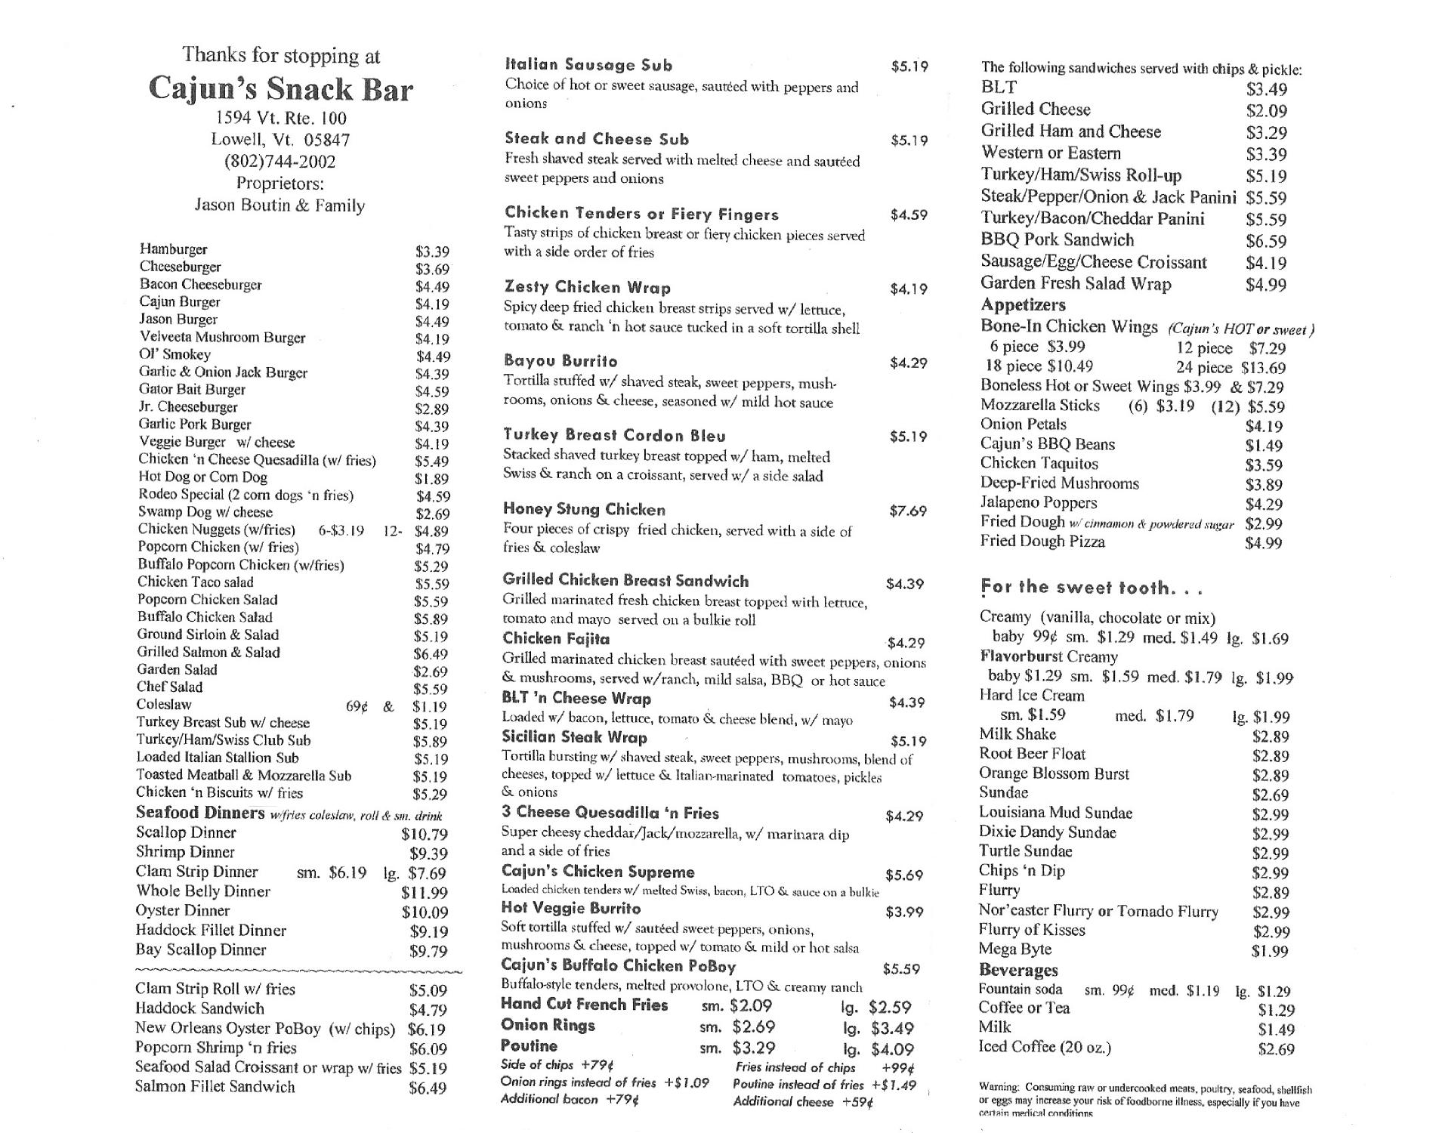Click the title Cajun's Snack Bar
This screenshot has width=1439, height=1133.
(280, 89)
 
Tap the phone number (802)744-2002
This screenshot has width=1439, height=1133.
(279, 161)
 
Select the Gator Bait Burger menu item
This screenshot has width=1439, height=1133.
(192, 390)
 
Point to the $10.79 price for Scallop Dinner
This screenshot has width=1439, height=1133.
(425, 835)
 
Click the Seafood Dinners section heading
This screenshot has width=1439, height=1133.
(200, 813)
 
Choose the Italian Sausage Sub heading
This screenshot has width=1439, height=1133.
(588, 65)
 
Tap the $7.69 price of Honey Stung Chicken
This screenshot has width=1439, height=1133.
(908, 511)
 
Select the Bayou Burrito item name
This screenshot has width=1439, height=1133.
(560, 361)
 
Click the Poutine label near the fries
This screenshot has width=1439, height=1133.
(529, 1046)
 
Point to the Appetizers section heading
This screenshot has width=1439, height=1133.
(1023, 305)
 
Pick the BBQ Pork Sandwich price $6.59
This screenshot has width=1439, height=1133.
(1266, 242)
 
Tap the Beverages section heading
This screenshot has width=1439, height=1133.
(1018, 970)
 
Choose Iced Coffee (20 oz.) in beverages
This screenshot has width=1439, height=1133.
(1045, 1047)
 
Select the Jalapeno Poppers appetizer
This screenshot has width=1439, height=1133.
(1039, 503)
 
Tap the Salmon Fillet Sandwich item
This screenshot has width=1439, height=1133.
(215, 1087)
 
